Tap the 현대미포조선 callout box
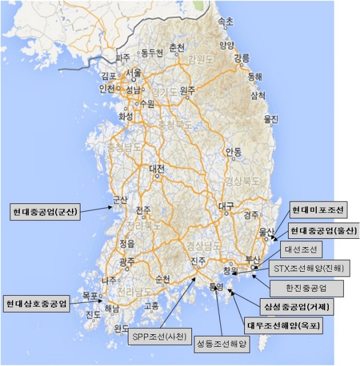pos(319,210)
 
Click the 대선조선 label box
pos(305,249)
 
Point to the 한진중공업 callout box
pos(307,288)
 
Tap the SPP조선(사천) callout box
pos(159,335)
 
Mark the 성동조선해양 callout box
pos(223,344)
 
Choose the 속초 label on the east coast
pos(226,21)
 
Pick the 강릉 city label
pos(241,58)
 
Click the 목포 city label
pos(91,296)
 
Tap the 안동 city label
pos(233,151)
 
